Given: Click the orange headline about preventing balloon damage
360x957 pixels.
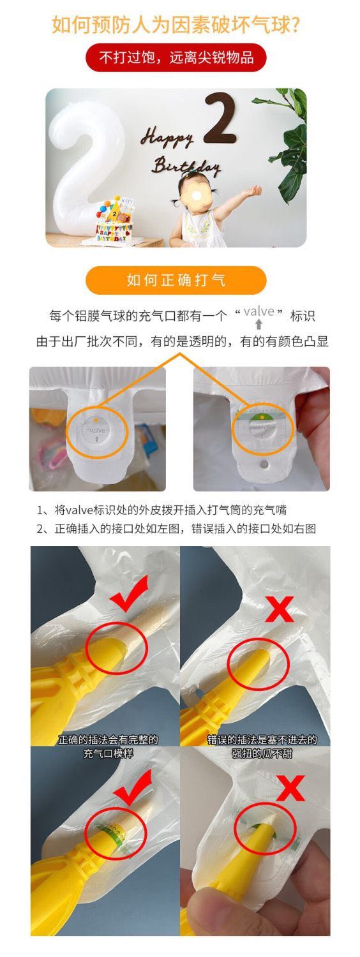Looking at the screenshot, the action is [x=176, y=25].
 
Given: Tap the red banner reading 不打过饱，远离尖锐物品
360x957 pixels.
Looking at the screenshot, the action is [x=176, y=57].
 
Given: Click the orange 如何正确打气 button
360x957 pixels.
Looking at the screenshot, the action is [x=176, y=280].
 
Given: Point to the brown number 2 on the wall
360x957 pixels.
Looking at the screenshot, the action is [x=220, y=118].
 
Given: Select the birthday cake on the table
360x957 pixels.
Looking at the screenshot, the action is [x=114, y=221].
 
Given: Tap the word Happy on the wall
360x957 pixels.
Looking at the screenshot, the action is [x=167, y=137].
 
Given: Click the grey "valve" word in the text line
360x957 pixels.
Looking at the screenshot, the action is [x=259, y=311].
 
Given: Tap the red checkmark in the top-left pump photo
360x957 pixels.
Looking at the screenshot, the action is [x=129, y=593].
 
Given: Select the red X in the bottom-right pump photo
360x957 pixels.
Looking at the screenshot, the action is [x=290, y=787].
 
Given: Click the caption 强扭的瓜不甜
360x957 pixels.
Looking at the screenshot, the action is [x=262, y=753].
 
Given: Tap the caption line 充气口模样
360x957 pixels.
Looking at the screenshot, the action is [x=108, y=753].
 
